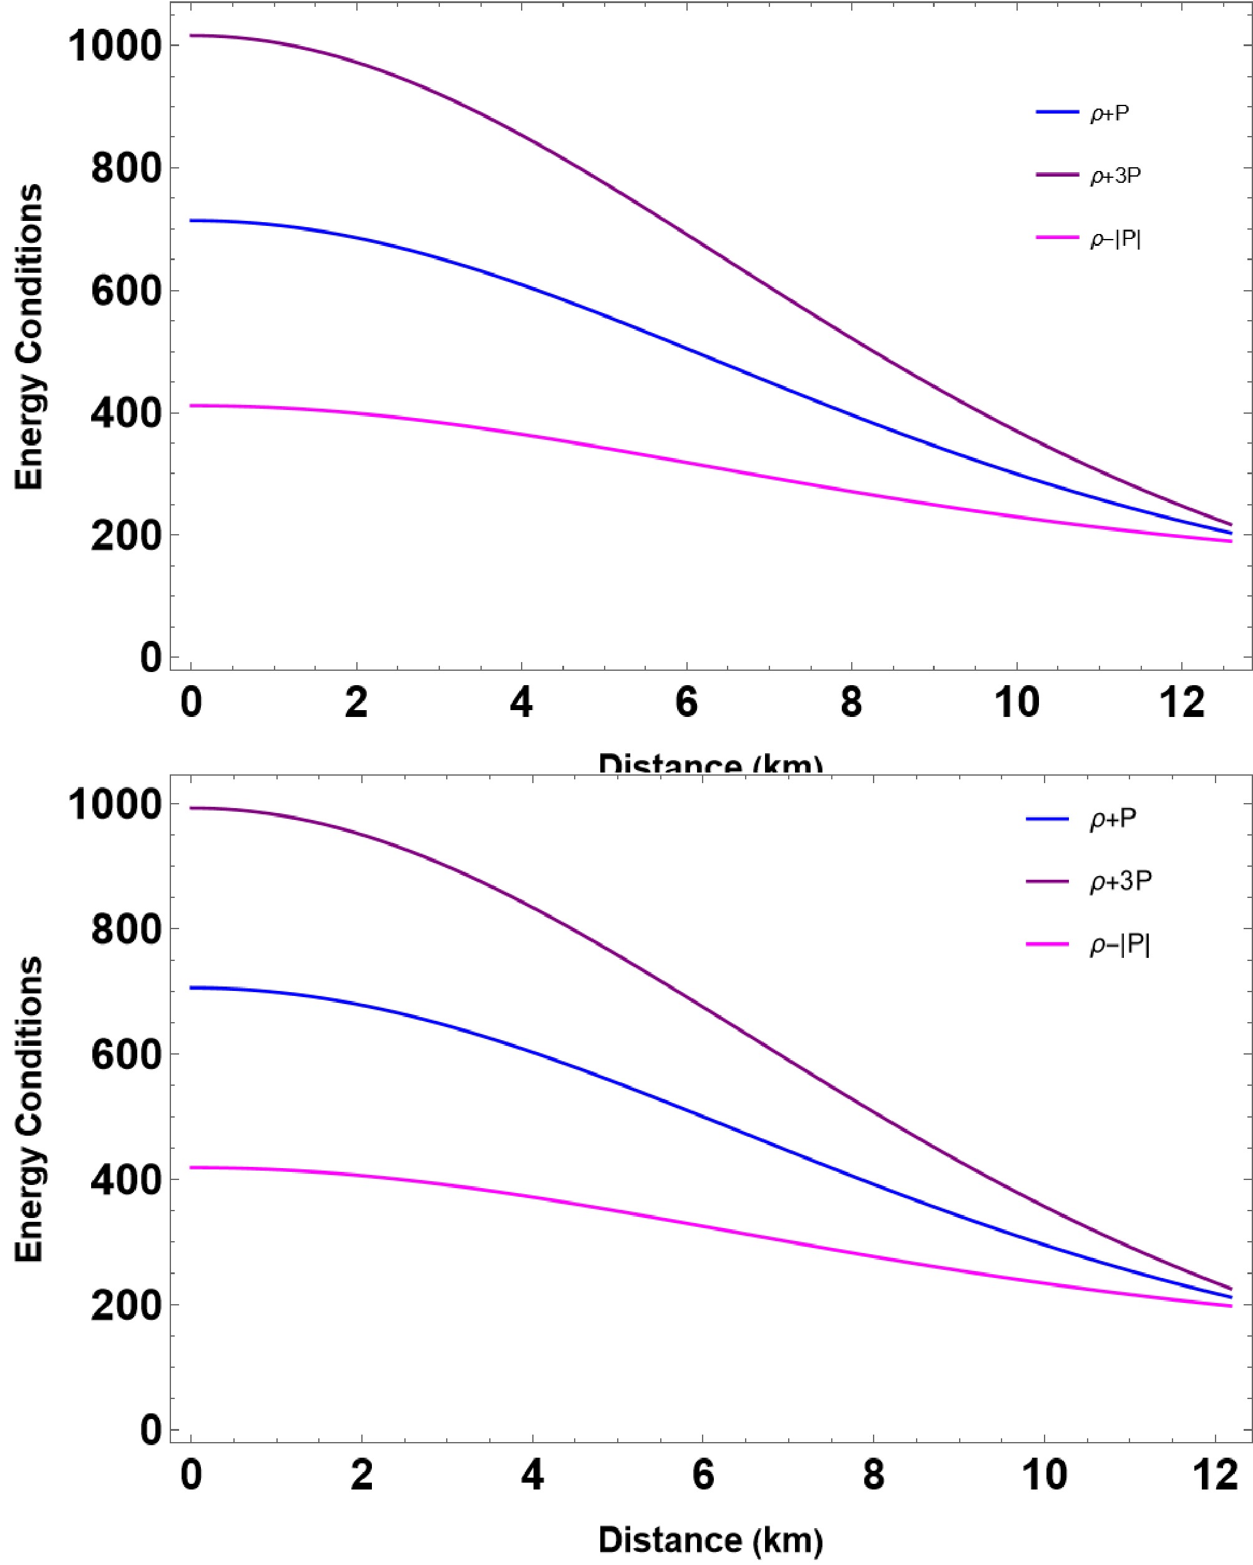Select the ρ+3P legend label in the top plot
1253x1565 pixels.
1114,177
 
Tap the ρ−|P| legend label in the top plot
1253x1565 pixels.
1114,240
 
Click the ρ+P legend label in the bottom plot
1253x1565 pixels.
1112,819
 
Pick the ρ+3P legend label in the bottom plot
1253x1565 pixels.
1120,881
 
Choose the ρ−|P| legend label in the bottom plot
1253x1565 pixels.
1119,944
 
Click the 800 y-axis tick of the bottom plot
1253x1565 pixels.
125,930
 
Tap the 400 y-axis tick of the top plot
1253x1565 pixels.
125,414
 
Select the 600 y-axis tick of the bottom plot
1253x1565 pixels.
125,1055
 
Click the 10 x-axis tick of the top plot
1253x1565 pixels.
1017,703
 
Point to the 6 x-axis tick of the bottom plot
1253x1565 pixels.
703,1475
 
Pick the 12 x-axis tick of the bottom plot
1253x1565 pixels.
1214,1475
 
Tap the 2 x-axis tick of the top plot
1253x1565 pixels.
356,703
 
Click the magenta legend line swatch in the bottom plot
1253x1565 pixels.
1047,943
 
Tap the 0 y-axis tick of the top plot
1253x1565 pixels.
150,658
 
